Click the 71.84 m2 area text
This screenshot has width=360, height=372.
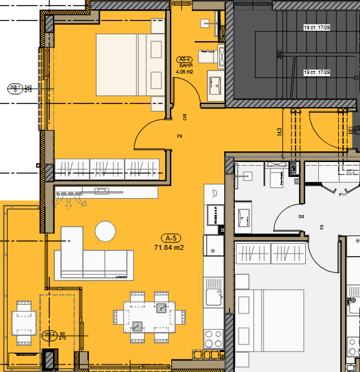pos(169,247)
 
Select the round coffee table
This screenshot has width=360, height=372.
pos(105,232)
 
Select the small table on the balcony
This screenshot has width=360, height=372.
pos(24,322)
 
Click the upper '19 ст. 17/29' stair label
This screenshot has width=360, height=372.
pos(316,28)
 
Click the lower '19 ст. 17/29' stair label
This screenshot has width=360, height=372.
pos(316,73)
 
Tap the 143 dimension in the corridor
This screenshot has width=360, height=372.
pos(280,131)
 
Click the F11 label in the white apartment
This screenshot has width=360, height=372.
pos(342,195)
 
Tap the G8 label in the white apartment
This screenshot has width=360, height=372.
pos(301,216)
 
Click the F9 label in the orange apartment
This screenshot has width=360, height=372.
pos(179,136)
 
